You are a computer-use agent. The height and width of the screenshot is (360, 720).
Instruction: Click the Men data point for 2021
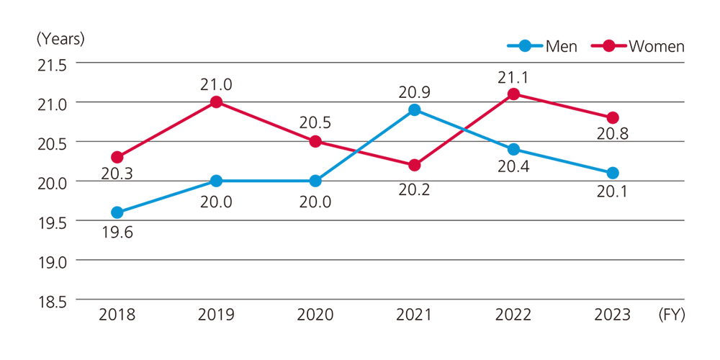pos(414,110)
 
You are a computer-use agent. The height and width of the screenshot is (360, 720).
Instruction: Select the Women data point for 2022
pos(513,94)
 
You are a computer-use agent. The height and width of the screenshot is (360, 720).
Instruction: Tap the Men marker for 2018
pos(117,212)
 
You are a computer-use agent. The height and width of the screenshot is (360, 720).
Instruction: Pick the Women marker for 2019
pos(216,102)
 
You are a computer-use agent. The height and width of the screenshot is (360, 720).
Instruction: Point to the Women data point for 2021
pos(414,165)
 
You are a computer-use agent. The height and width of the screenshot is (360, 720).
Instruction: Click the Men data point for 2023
pos(613,173)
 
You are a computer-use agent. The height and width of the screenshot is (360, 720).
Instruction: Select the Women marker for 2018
pos(117,157)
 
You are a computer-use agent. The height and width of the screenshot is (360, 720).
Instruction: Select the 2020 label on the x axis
pos(315,315)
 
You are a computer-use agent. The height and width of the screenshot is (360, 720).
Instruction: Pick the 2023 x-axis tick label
pos(613,315)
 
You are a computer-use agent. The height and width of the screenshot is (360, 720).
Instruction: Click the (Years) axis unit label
pos(60,38)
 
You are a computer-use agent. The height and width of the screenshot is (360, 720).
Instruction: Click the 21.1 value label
pos(513,76)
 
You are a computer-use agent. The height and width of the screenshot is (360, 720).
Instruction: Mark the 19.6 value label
pos(117,233)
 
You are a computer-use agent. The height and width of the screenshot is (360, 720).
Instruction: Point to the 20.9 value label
pos(414,91)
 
